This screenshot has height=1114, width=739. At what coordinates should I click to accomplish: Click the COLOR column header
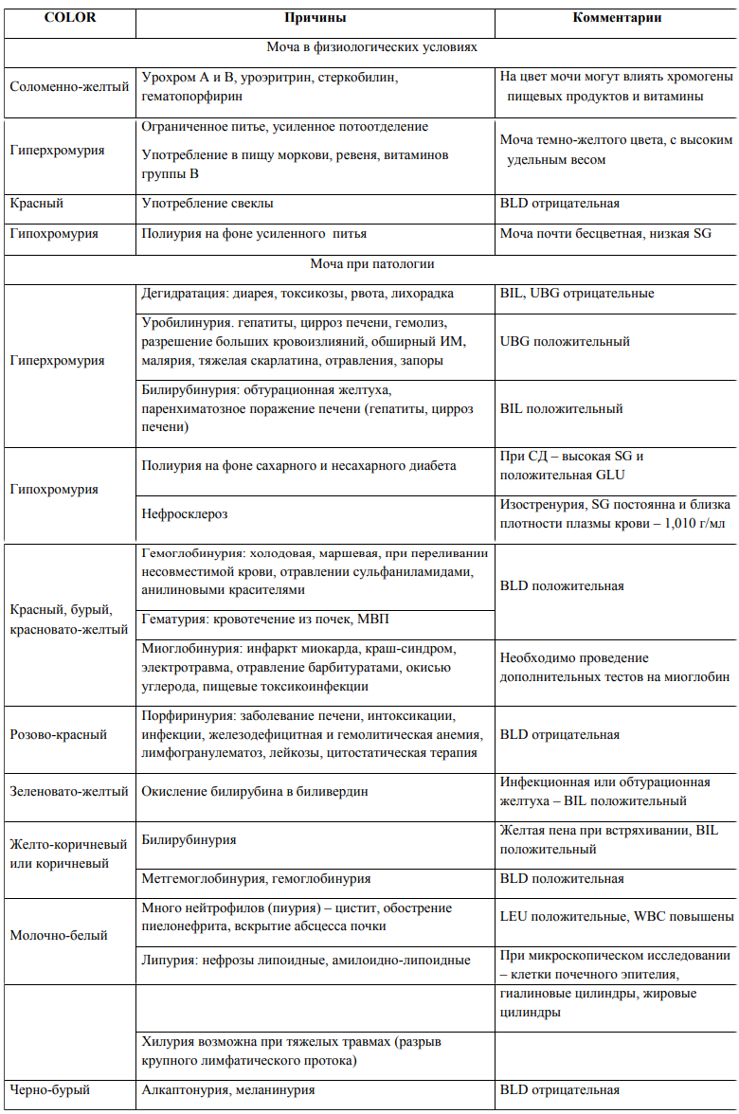coord(69,19)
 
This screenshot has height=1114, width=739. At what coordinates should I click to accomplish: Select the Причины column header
coord(315,19)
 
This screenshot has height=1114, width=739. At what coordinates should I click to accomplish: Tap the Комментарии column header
coord(617,19)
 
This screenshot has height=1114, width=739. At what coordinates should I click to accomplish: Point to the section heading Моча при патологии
coord(371,264)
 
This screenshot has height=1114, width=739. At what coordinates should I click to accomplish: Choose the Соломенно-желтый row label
coord(69,86)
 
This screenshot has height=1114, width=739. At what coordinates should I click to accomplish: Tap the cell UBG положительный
coord(565,341)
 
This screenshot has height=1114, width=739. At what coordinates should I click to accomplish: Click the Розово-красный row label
coord(58,734)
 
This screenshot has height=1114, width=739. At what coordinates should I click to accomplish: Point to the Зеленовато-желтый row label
coord(69,791)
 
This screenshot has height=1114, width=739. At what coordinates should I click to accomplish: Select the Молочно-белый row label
coord(58,935)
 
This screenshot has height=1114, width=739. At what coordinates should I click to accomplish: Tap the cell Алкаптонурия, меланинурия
coord(227,1090)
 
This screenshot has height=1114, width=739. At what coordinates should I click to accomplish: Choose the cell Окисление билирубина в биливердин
coord(255,791)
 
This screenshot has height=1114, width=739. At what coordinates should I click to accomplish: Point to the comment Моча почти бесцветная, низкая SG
coord(605,233)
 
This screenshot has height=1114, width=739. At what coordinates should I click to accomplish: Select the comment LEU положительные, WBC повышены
coord(617,917)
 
